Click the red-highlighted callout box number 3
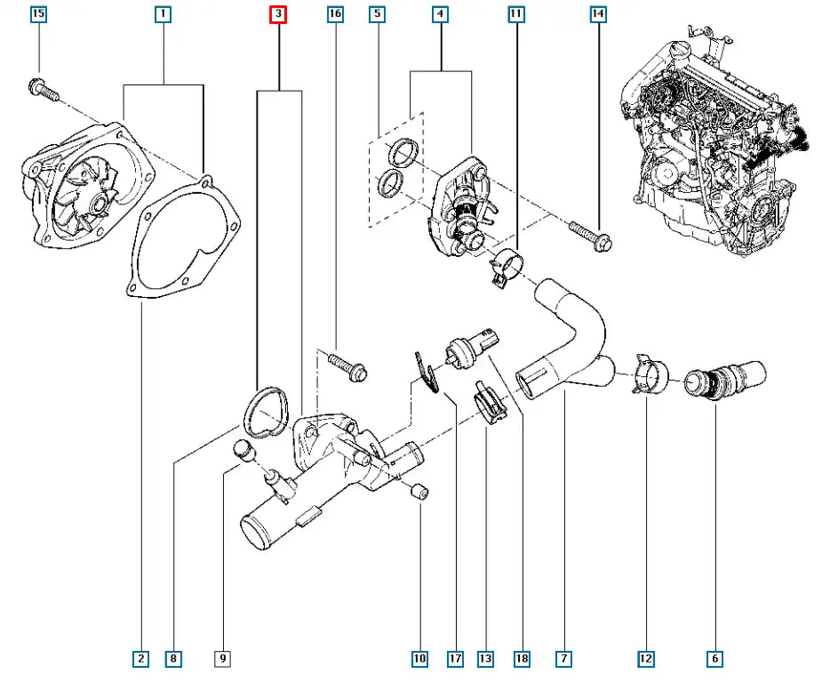click(x=278, y=14)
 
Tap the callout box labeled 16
click(x=334, y=14)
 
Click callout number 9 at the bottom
click(x=223, y=659)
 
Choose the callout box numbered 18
click(x=522, y=659)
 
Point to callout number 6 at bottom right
click(x=714, y=659)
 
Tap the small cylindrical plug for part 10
click(x=422, y=490)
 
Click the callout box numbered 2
click(x=140, y=659)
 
